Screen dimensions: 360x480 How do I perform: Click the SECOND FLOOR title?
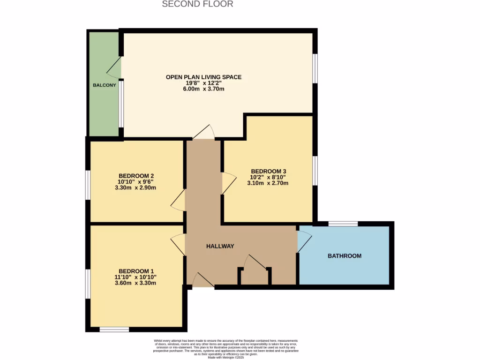point(197,4)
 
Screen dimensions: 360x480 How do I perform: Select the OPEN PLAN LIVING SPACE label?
point(203,77)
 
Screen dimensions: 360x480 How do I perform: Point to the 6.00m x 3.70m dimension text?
point(203,89)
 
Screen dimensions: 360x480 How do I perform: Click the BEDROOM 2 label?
point(136,176)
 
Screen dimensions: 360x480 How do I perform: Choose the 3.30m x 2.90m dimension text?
point(136,187)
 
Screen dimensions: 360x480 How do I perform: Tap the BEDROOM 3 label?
point(268,171)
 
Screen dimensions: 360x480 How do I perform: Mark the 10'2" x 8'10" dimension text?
point(268,177)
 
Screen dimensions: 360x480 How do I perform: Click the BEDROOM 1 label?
point(136,271)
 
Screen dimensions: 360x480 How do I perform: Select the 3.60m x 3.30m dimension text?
point(136,283)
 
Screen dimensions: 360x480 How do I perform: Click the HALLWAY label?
point(220,246)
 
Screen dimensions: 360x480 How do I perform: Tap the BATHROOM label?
point(345,256)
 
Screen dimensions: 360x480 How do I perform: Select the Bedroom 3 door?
point(228,183)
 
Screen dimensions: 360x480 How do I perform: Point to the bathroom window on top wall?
point(343,224)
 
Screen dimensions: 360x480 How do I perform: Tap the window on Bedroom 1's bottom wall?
point(114,330)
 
